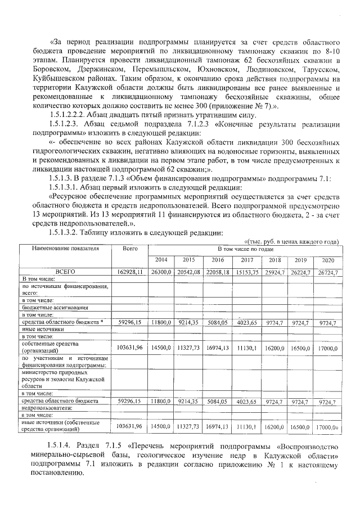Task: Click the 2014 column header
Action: (x=161, y=260)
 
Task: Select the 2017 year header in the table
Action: (x=246, y=260)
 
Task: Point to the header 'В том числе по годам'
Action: (x=246, y=247)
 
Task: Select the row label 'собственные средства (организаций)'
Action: (x=49, y=346)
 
